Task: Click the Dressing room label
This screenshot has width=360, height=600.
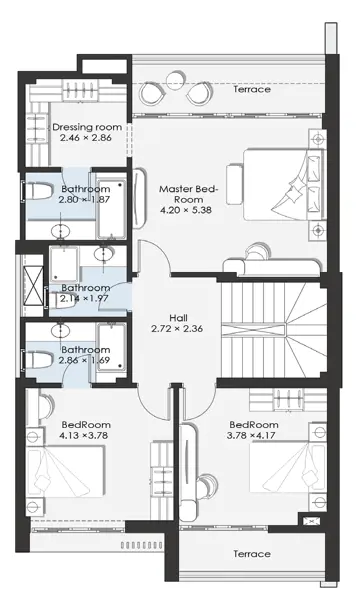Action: (87, 127)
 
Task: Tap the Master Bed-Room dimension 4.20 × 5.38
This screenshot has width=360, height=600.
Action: (186, 210)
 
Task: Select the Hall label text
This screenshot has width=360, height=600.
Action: (179, 318)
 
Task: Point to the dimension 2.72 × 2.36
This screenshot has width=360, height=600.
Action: (177, 328)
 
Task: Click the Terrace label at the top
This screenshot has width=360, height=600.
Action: (252, 89)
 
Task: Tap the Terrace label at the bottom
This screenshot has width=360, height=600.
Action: (252, 554)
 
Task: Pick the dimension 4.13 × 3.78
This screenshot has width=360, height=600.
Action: (84, 435)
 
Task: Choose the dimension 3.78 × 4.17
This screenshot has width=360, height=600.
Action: (251, 435)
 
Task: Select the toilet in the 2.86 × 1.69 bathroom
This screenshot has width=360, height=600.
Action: (38, 360)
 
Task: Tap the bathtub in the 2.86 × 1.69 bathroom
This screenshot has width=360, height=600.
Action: (111, 347)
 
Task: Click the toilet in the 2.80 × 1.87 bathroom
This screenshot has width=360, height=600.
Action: (37, 191)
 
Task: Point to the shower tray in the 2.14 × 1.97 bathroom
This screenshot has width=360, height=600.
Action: (64, 264)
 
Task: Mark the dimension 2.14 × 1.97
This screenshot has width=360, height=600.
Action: (84, 298)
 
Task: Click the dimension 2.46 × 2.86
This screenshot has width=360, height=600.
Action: (86, 138)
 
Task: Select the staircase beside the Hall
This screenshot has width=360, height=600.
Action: (273, 331)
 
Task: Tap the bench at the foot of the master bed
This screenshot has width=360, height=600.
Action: (234, 184)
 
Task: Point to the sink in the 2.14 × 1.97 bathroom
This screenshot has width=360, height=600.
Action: (104, 254)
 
